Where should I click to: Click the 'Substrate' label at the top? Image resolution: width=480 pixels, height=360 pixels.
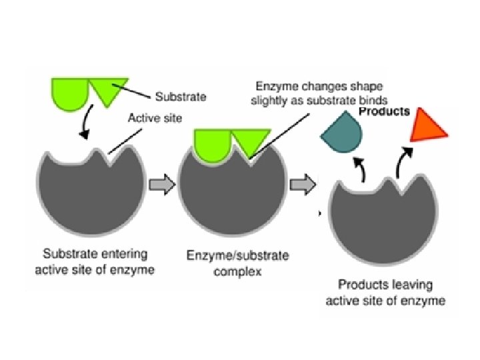(x=180, y=97)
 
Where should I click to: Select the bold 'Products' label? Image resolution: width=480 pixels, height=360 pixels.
(x=385, y=111)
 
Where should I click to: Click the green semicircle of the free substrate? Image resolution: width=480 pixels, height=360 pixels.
(x=70, y=91)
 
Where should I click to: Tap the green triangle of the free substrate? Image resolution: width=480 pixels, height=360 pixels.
(x=107, y=91)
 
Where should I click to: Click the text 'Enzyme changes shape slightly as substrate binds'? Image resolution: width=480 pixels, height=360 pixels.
(x=320, y=93)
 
